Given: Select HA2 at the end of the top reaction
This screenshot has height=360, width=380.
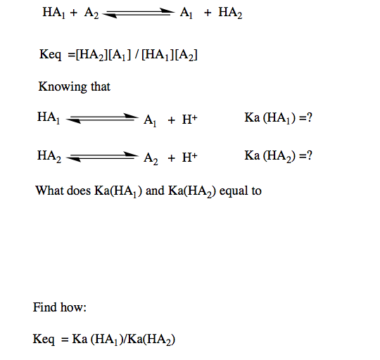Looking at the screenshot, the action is tap(230, 14).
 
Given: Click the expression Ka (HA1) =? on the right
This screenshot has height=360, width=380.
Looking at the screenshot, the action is tap(279, 117).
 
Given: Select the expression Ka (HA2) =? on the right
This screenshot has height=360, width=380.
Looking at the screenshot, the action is tap(279, 155).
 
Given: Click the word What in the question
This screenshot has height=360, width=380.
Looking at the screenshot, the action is tap(49, 191).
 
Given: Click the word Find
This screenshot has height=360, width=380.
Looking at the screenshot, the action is tap(44, 307).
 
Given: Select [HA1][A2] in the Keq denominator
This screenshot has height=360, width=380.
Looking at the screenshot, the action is tap(167, 54).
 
